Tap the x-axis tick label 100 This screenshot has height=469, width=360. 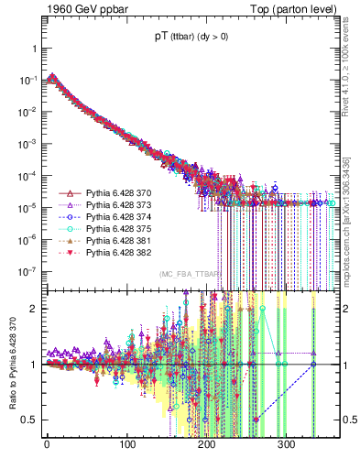point(127,443)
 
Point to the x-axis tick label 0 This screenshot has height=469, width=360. point(47,443)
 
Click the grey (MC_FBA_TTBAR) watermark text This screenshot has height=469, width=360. point(191,274)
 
